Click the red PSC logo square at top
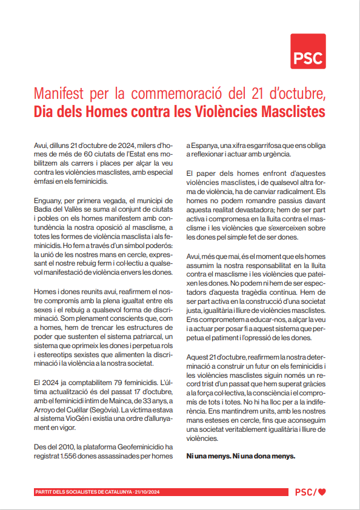(308, 51)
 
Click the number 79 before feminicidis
(113, 383)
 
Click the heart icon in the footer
(322, 492)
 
